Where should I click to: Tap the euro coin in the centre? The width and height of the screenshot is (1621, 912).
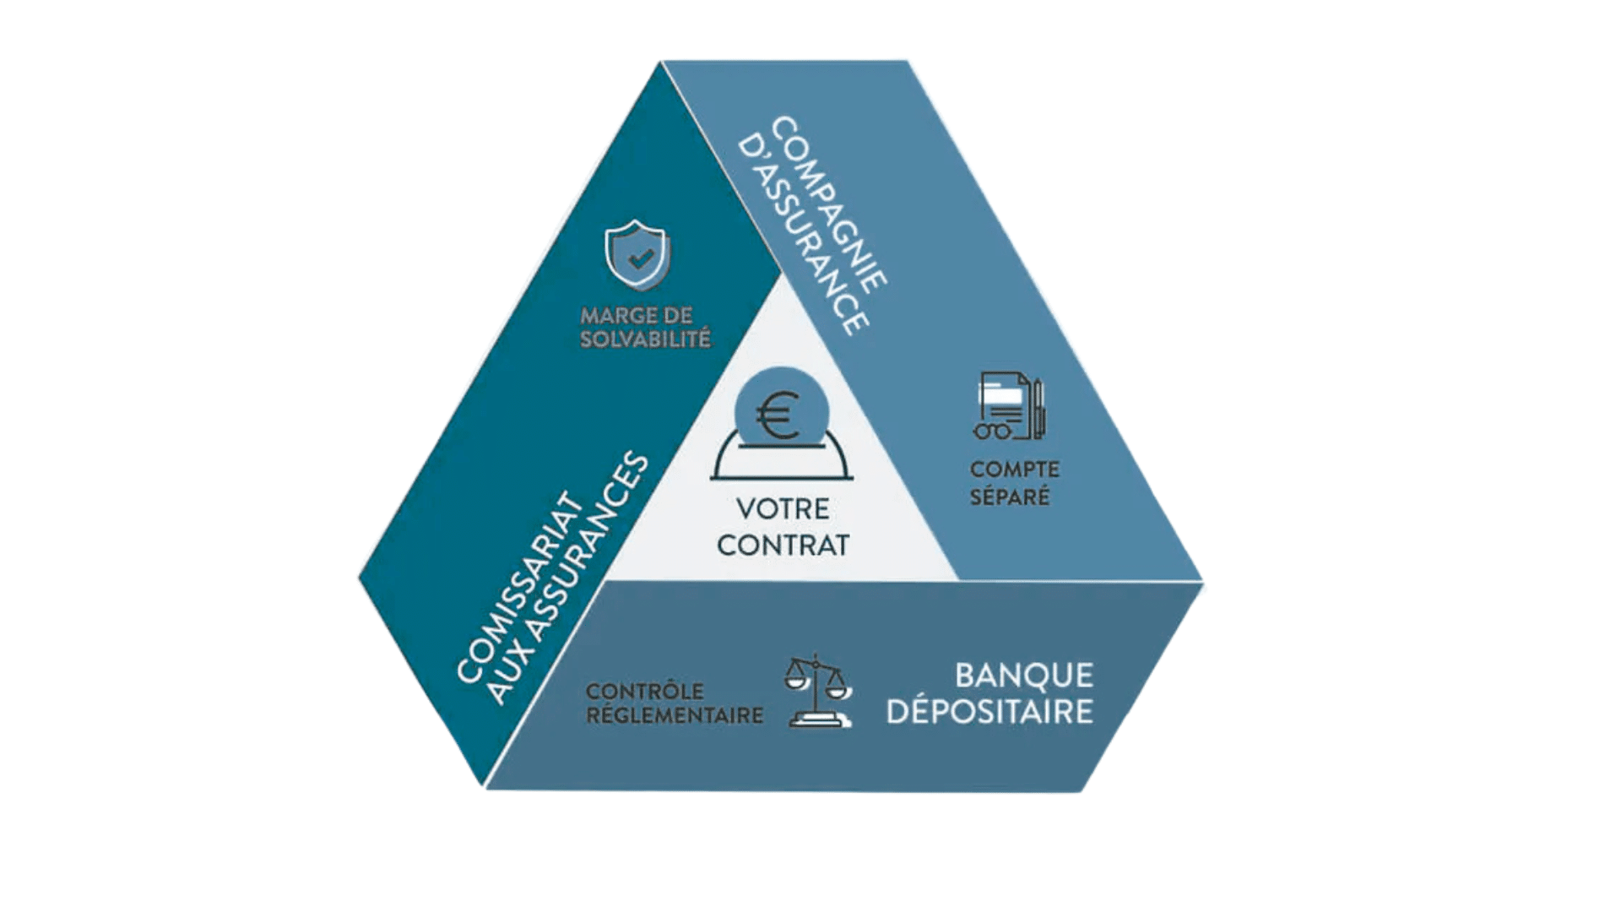tap(781, 411)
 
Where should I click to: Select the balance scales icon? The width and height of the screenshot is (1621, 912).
tap(817, 690)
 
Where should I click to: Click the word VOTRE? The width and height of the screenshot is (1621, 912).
tap(783, 509)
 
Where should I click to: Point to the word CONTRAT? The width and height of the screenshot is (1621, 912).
tap(783, 546)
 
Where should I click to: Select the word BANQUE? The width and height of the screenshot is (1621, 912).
tap(1023, 676)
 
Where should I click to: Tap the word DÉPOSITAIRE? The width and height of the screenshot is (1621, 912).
tap(989, 712)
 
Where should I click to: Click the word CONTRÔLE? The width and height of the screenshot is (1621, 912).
tap(644, 691)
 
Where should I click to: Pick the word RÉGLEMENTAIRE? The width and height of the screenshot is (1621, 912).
tap(674, 715)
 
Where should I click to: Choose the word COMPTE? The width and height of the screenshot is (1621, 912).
tap(1014, 470)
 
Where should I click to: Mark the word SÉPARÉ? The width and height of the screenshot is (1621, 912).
tap(1009, 497)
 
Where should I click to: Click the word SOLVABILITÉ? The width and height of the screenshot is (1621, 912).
tap(645, 339)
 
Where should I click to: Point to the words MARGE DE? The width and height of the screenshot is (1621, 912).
tap(636, 316)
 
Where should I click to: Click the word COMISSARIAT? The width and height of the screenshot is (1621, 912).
tap(520, 588)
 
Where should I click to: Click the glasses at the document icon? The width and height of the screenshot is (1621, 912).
tap(992, 431)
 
